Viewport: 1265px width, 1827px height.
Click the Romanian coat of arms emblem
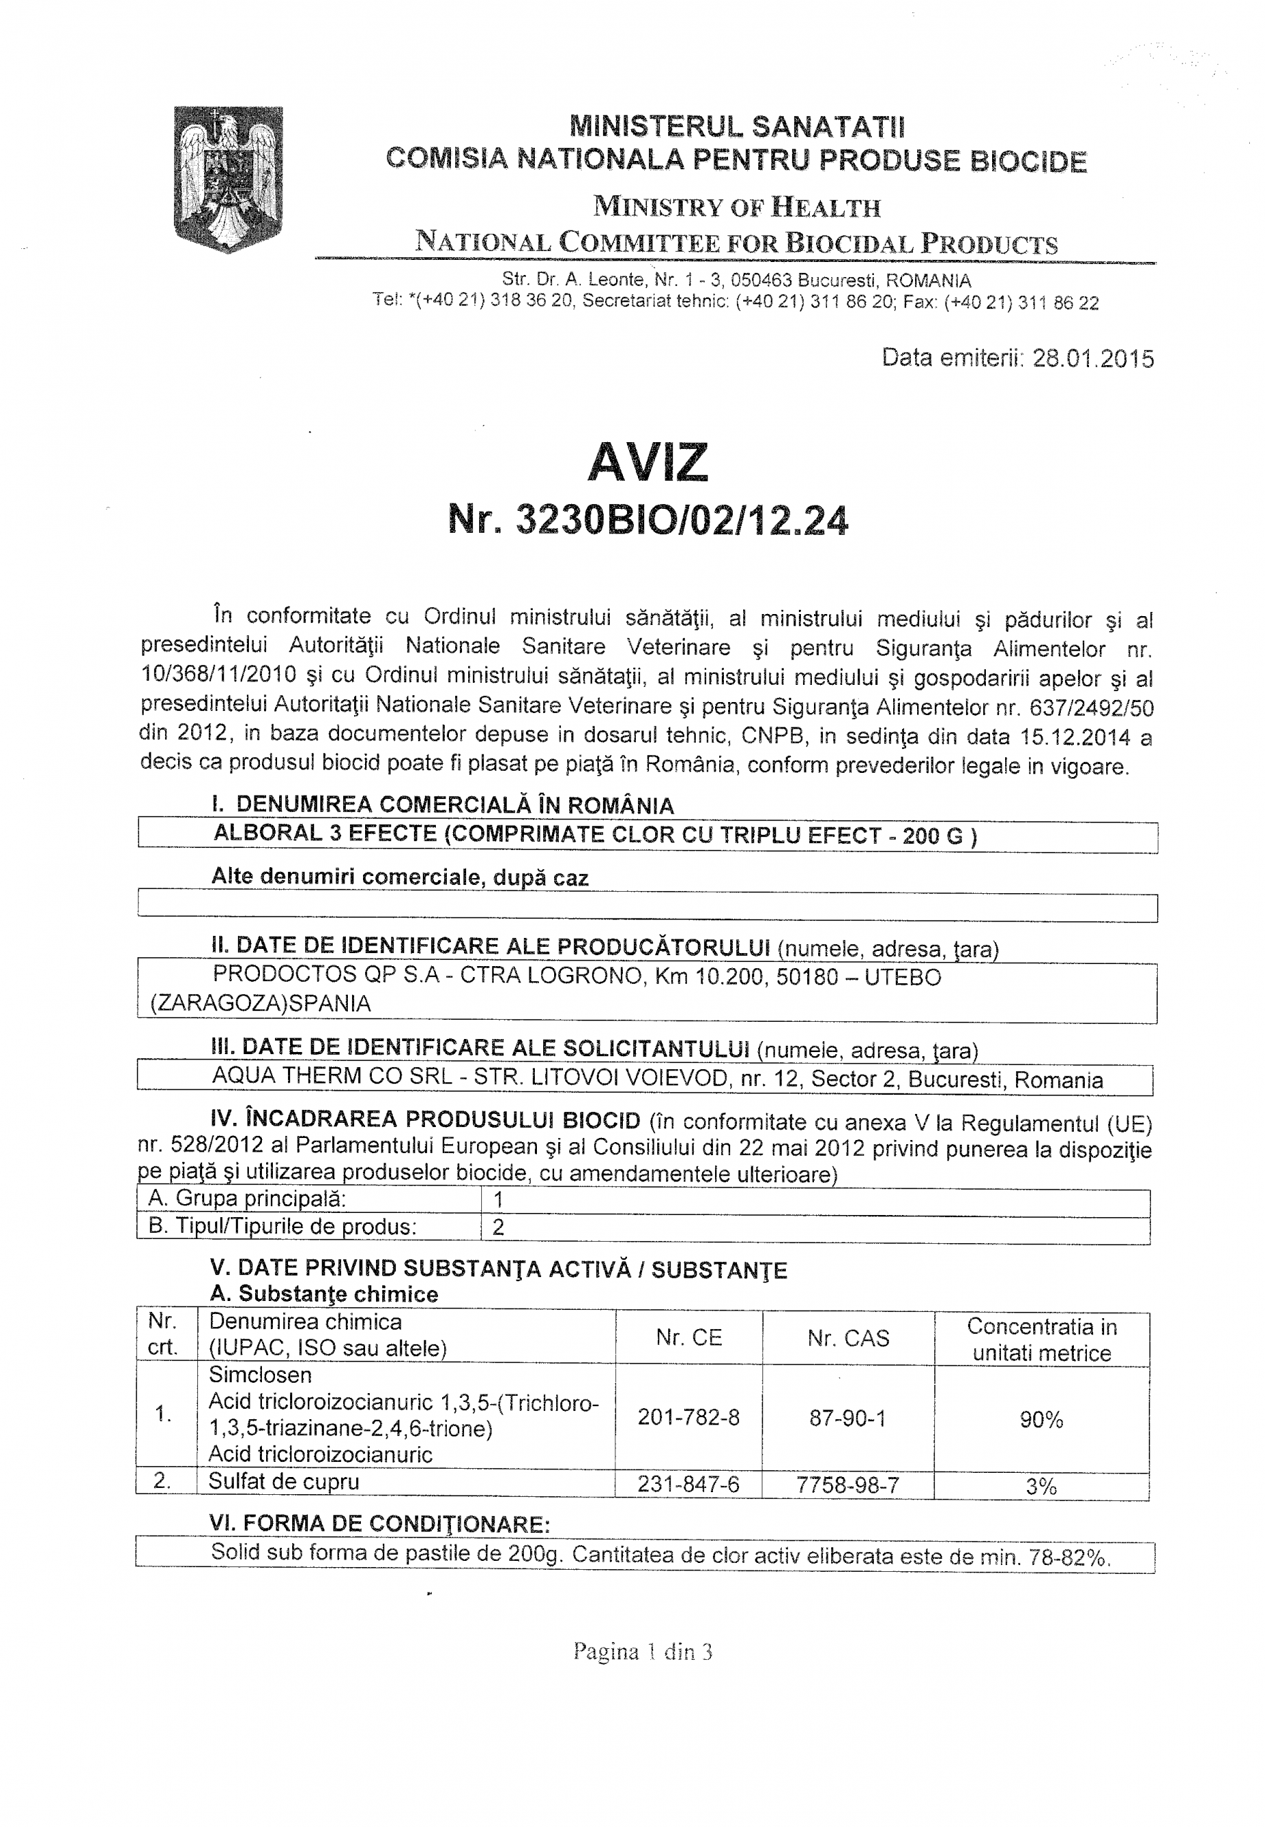[x=228, y=179]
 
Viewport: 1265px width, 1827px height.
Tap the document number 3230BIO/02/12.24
[x=681, y=521]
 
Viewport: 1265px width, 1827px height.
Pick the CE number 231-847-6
[x=688, y=1484]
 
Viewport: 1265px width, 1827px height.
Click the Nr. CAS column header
[x=848, y=1339]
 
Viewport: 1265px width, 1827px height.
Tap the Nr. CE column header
[x=688, y=1338]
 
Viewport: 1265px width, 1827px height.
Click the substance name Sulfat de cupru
[x=283, y=1481]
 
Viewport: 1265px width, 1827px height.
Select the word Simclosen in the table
[x=260, y=1375]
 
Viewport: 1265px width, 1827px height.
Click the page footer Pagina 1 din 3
[x=643, y=1652]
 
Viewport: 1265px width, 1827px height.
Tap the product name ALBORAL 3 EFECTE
[x=327, y=834]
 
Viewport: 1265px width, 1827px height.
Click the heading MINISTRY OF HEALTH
[x=736, y=208]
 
